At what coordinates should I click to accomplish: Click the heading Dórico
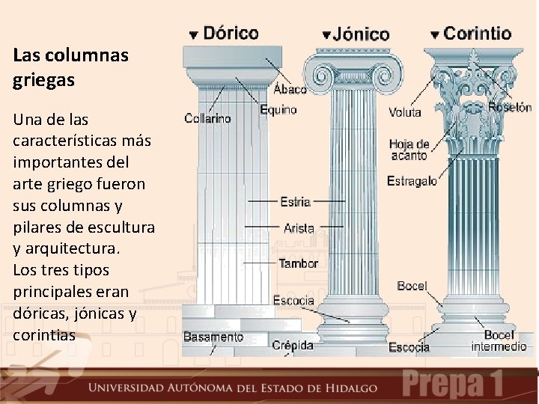(231, 33)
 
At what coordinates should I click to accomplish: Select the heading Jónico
(362, 34)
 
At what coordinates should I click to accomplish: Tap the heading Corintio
(478, 33)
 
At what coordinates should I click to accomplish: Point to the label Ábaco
(290, 90)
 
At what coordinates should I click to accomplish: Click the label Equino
(278, 110)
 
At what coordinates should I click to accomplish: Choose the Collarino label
(207, 118)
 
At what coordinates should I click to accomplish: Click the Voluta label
(405, 113)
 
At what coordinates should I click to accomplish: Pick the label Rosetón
(510, 107)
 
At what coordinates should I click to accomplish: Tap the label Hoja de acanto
(409, 150)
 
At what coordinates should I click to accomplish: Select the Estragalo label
(412, 181)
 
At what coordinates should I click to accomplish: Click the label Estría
(296, 201)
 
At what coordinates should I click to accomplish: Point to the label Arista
(299, 228)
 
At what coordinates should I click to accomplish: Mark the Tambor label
(298, 263)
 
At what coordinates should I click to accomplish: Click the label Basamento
(213, 337)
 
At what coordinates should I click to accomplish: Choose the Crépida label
(292, 346)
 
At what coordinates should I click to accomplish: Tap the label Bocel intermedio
(499, 341)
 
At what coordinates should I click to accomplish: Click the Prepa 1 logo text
(454, 384)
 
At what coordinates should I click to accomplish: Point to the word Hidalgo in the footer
(351, 388)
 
